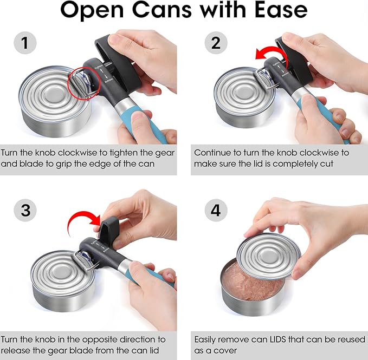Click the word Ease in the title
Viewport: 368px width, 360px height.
(x=275, y=10)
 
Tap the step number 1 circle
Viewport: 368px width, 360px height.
(x=25, y=43)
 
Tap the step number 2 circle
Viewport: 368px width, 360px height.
(x=216, y=43)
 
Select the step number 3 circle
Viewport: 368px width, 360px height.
(x=25, y=210)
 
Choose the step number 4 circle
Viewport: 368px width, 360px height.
(x=216, y=210)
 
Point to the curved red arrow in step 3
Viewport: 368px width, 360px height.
(x=82, y=219)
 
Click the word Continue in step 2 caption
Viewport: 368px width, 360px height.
(x=212, y=153)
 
